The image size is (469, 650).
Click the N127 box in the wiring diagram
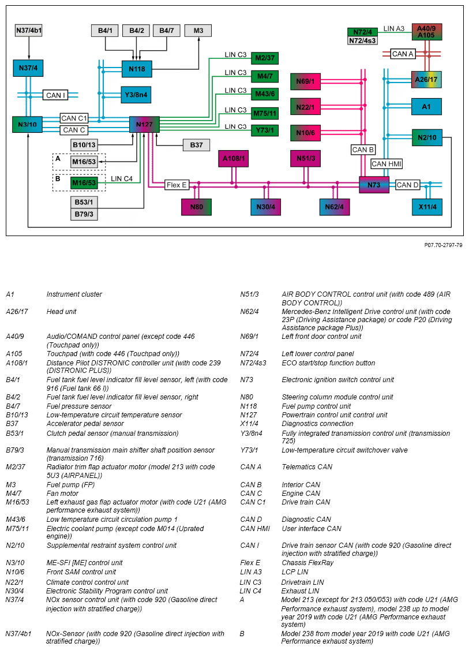pyautogui.click(x=144, y=125)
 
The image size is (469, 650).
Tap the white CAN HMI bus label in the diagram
pyautogui.click(x=387, y=164)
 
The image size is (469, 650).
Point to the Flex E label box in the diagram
pyautogui.click(x=177, y=185)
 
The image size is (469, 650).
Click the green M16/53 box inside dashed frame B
pyautogui.click(x=84, y=183)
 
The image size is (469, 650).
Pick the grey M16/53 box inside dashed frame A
pyautogui.click(x=84, y=162)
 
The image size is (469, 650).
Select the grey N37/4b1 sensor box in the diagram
pyautogui.click(x=28, y=31)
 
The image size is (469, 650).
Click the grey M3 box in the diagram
pyautogui.click(x=198, y=31)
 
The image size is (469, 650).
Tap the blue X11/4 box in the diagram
pyautogui.click(x=427, y=207)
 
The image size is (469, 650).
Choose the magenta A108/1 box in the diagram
pyautogui.click(x=234, y=158)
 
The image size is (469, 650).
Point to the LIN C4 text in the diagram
pyautogui.click(x=122, y=179)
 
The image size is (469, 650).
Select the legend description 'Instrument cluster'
pyautogui.click(x=74, y=294)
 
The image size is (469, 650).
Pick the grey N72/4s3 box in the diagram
pyautogui.click(x=362, y=40)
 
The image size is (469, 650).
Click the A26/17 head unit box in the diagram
pyautogui.click(x=426, y=79)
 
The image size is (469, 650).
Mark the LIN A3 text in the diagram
pyautogui.click(x=395, y=28)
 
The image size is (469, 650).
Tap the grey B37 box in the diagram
pyautogui.click(x=196, y=145)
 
